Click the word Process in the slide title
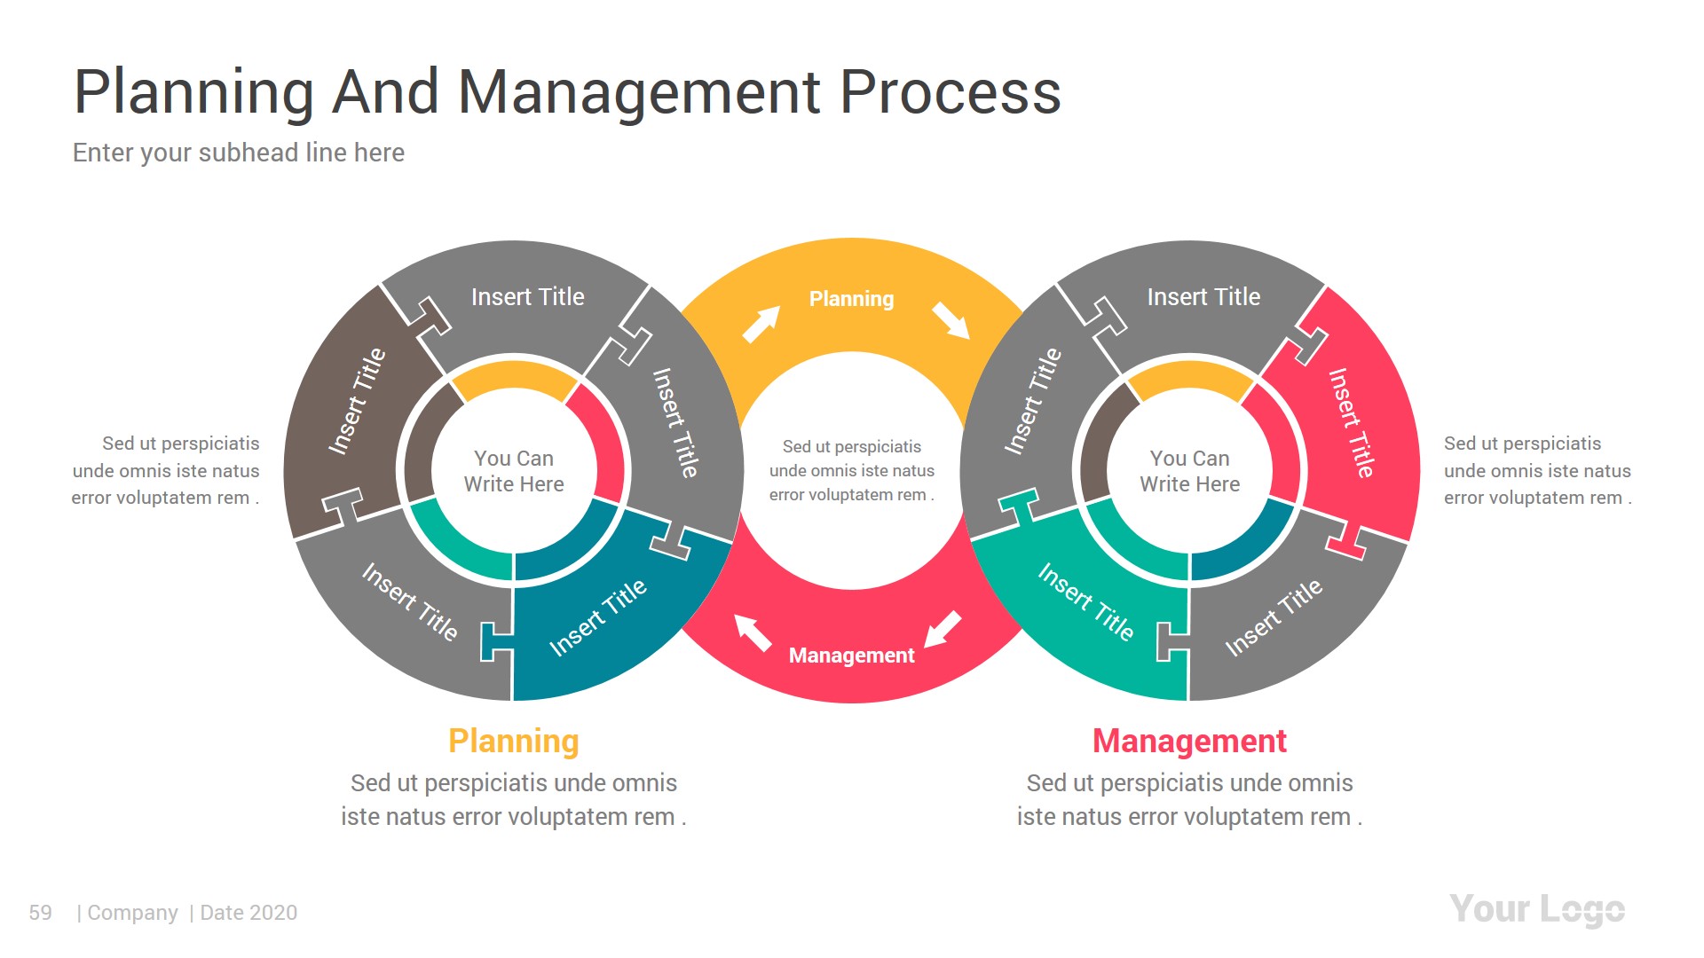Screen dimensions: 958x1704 (x=950, y=92)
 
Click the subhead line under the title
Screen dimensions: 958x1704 (x=239, y=153)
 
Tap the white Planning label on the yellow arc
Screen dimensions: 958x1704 (x=851, y=299)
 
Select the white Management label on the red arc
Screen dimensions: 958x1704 (x=851, y=656)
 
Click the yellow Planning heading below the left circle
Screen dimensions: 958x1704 (x=513, y=741)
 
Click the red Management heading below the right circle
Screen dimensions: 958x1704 (x=1188, y=741)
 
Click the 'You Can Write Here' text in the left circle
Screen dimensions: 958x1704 (x=514, y=471)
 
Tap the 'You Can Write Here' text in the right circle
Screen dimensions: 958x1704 (x=1189, y=471)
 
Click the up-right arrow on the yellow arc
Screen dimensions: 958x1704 (x=761, y=325)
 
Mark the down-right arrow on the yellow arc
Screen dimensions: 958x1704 (x=951, y=320)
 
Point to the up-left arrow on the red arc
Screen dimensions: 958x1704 (x=753, y=632)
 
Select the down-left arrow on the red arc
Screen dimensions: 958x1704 (x=943, y=629)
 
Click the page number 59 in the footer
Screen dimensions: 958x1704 (x=40, y=913)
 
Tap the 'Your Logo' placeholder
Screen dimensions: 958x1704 (x=1536, y=910)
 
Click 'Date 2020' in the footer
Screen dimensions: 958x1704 (x=248, y=913)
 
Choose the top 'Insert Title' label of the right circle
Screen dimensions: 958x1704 (x=1203, y=297)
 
